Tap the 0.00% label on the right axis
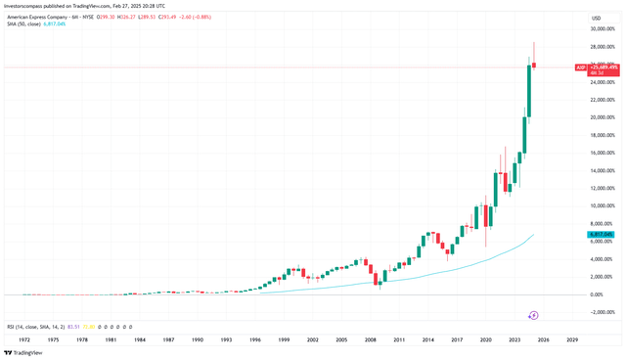pos(595,294)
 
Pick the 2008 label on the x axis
pos(370,339)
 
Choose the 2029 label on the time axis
pos(571,339)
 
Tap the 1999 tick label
pos(284,339)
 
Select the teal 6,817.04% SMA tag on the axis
pos(599,235)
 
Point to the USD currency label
pos(596,19)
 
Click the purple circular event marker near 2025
pos(534,315)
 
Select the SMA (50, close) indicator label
pos(24,25)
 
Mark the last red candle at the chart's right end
pos(534,66)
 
